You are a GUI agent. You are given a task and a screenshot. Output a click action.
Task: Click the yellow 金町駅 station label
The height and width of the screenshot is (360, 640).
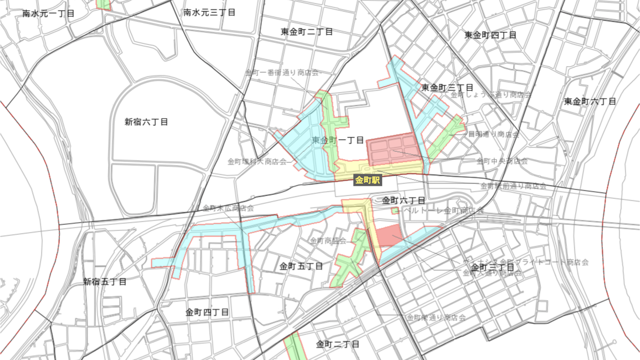click(367, 180)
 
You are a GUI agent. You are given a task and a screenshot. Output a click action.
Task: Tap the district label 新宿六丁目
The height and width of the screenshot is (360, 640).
click(146, 122)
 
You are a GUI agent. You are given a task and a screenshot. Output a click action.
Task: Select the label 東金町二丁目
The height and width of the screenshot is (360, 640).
click(307, 32)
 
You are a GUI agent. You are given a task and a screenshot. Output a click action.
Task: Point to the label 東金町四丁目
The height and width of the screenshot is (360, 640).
click(490, 35)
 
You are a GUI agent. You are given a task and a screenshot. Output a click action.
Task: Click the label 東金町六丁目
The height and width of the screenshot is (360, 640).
click(590, 102)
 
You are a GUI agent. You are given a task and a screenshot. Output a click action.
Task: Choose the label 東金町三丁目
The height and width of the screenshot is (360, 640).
click(447, 88)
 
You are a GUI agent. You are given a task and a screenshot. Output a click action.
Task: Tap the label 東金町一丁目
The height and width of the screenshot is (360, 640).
click(338, 140)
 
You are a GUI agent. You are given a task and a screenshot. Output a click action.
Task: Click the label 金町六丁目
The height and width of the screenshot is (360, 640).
click(403, 201)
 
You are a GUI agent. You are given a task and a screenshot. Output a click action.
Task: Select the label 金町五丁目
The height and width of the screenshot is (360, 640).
click(301, 266)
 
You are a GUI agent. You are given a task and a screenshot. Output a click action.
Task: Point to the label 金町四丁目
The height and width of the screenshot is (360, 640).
click(207, 312)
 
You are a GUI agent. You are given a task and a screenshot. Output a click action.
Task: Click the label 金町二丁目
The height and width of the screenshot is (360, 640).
click(337, 344)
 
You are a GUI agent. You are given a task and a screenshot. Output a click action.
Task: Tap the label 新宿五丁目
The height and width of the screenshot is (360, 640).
click(105, 282)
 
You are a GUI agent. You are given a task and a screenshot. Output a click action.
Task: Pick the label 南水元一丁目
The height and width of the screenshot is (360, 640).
click(48, 14)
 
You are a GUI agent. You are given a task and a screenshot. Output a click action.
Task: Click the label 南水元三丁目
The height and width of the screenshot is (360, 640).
click(209, 13)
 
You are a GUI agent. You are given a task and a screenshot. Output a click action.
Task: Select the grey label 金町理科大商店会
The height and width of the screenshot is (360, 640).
click(257, 162)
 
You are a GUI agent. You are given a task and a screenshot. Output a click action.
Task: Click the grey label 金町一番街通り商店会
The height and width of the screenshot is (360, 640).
click(282, 73)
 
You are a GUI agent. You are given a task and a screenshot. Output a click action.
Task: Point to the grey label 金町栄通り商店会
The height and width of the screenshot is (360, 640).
click(436, 318)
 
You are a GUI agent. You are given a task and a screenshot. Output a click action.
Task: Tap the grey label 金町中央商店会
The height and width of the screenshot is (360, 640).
click(502, 161)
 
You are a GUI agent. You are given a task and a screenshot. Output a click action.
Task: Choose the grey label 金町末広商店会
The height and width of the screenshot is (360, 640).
click(228, 208)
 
